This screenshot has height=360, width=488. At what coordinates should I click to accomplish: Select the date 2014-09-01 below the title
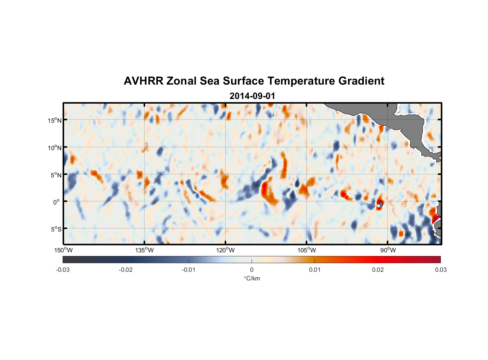(x=252, y=96)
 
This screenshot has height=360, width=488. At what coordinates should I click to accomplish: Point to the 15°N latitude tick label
(x=55, y=120)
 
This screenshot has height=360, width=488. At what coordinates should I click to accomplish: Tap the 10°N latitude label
(x=55, y=148)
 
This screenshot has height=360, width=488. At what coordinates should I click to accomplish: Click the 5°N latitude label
(x=56, y=175)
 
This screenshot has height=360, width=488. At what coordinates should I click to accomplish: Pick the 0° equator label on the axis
(x=57, y=202)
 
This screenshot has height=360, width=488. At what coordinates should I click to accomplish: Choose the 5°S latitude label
(x=56, y=229)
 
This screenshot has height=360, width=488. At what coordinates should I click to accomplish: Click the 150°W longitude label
(x=64, y=250)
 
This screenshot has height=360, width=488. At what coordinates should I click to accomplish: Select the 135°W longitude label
(x=145, y=250)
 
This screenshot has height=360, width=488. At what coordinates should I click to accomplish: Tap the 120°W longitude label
(x=226, y=250)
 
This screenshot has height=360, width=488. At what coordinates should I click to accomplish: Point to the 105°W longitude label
(x=307, y=250)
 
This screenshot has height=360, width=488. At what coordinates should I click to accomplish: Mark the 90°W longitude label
(x=388, y=250)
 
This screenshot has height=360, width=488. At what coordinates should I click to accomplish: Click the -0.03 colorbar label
(x=63, y=270)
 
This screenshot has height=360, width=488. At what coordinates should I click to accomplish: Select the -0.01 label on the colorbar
(x=189, y=270)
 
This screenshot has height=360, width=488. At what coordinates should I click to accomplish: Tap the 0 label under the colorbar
(x=252, y=270)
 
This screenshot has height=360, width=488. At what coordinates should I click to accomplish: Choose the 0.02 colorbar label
(x=378, y=270)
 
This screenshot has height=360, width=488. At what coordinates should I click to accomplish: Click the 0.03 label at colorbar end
(x=440, y=270)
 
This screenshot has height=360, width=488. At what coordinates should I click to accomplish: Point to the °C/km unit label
(x=252, y=278)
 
